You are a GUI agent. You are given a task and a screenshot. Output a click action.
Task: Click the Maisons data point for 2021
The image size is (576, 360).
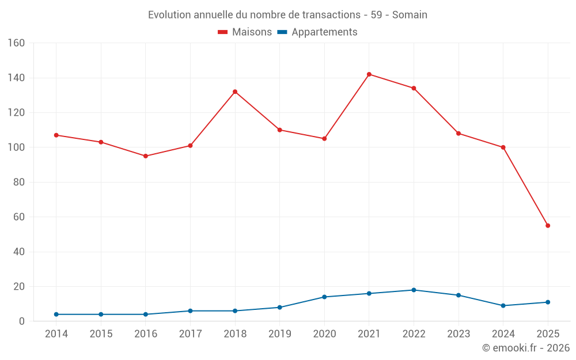[x=369, y=74]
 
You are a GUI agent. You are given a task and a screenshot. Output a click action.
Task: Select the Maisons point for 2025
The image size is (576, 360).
[x=548, y=226]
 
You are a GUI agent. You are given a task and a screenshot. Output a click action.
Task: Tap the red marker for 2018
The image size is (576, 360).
[x=235, y=92]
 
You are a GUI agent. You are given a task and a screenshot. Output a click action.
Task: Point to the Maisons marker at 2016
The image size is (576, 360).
[x=146, y=156]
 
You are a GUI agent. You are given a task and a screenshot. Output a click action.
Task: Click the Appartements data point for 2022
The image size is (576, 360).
[x=414, y=290]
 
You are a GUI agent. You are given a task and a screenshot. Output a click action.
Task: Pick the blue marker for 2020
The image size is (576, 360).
[x=324, y=297]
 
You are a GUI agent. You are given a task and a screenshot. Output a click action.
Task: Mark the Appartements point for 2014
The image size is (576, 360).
[x=56, y=314]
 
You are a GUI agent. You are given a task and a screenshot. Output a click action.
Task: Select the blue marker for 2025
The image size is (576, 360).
[x=548, y=302]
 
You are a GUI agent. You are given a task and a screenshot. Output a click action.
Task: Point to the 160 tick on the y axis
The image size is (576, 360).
[x=16, y=43]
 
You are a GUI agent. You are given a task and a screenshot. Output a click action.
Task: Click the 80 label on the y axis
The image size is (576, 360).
[x=19, y=183]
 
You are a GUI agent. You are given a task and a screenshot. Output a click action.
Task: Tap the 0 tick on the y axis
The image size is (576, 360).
[x=22, y=321]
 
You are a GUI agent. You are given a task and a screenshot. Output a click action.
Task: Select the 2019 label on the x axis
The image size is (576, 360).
[x=279, y=334]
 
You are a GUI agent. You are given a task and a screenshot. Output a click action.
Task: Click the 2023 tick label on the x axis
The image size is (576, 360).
[x=458, y=334]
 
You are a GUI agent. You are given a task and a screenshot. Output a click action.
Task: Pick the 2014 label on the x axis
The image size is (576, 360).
[x=56, y=334]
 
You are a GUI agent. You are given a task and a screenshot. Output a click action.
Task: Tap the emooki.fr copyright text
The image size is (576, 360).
[x=526, y=348]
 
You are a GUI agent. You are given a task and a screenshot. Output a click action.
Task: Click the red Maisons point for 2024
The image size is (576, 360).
[x=503, y=147]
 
